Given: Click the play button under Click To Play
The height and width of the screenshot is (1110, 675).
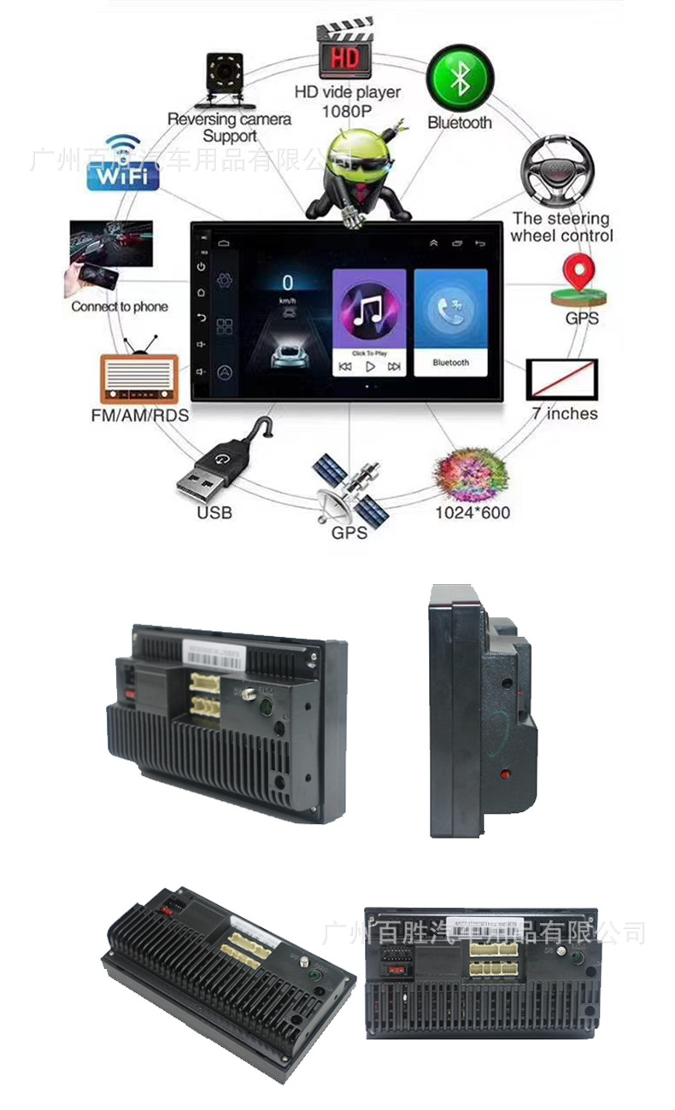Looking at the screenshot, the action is (370, 366).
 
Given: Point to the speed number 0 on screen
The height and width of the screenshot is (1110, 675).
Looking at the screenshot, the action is (288, 283).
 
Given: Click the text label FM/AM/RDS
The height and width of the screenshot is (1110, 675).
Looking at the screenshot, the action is (139, 416).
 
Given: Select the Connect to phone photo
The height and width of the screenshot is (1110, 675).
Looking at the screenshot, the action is (109, 257).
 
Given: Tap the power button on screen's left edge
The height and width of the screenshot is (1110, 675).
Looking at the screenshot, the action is (201, 267).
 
